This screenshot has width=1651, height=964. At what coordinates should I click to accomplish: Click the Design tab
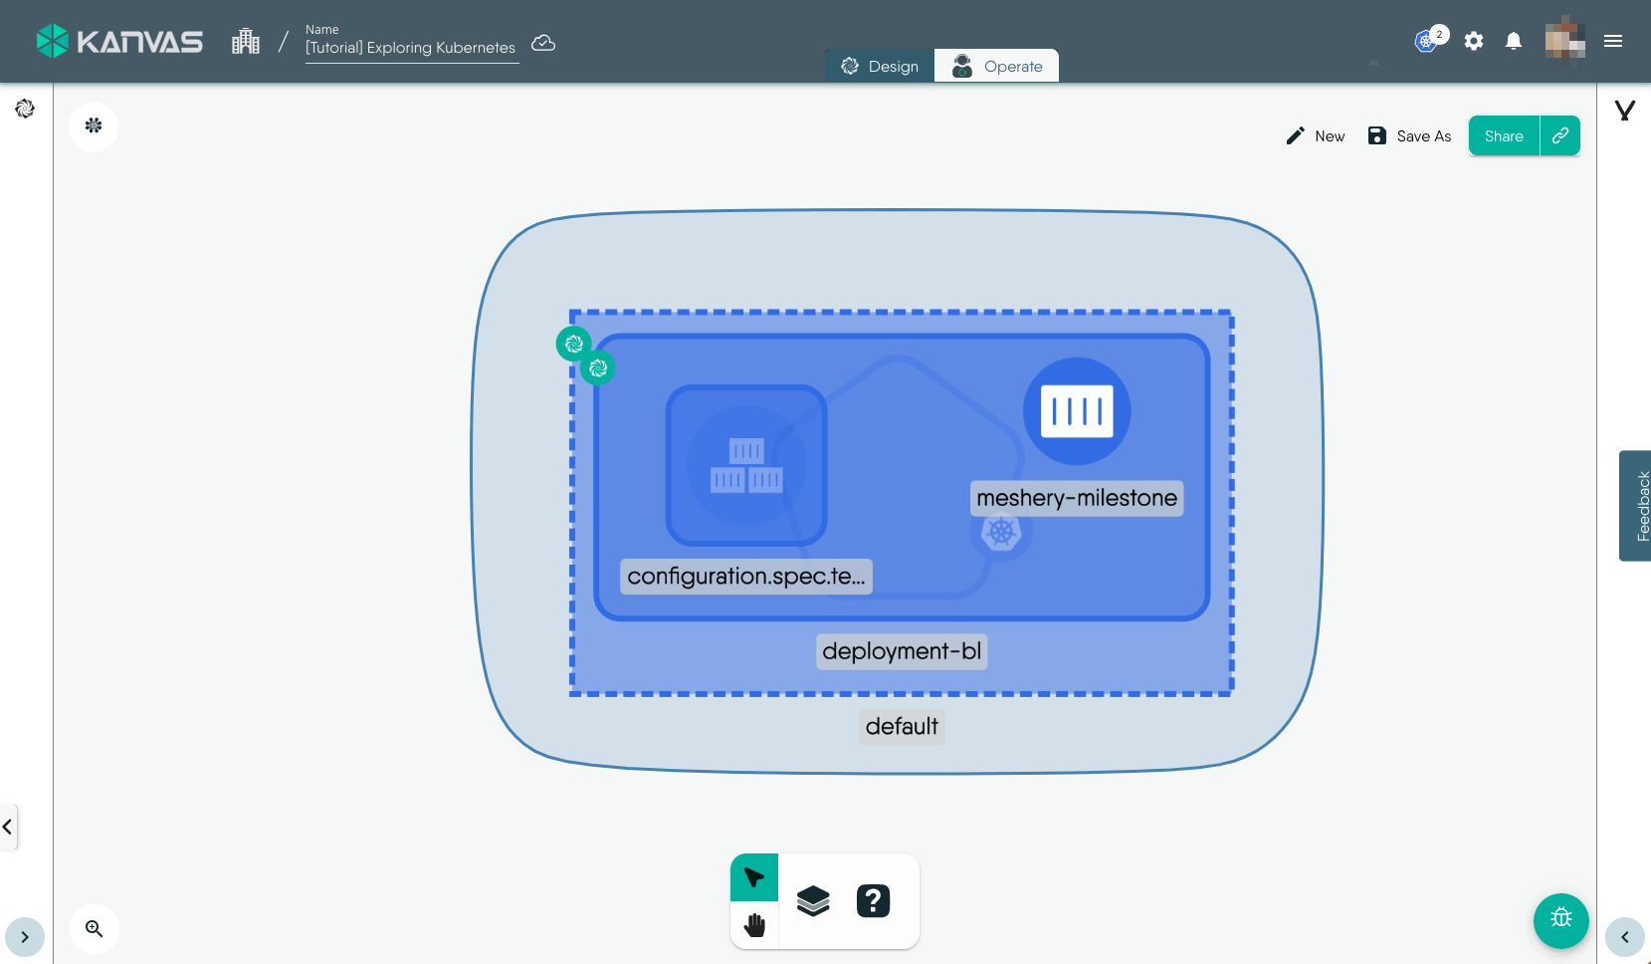pos(880,66)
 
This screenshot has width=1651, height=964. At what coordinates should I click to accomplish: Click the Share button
pos(1504,136)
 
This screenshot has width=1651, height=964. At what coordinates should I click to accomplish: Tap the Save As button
pos(1409,136)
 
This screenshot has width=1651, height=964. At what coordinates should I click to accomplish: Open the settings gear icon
pos(1474,41)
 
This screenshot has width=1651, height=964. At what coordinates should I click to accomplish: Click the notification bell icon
pos(1514,41)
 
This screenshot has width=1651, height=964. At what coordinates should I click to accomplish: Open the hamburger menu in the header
pos(1613,41)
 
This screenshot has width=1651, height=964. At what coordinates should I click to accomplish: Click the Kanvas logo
pos(119,41)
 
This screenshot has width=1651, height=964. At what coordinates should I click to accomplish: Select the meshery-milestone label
pos(1077,498)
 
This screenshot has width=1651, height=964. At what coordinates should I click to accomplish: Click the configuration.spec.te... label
pos(746,577)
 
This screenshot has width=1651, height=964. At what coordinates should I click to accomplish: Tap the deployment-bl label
pos(902,651)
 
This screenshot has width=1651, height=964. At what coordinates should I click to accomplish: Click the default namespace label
pos(902,726)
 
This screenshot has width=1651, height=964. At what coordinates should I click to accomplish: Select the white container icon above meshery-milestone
pos(1077,411)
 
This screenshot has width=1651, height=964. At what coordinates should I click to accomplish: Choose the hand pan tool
pos(754,925)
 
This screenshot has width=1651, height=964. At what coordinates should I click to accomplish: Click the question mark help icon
pos(873,901)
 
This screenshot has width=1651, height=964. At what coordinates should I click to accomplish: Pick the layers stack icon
pos(813,901)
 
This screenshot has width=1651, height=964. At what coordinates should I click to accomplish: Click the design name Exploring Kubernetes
pos(411,48)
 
